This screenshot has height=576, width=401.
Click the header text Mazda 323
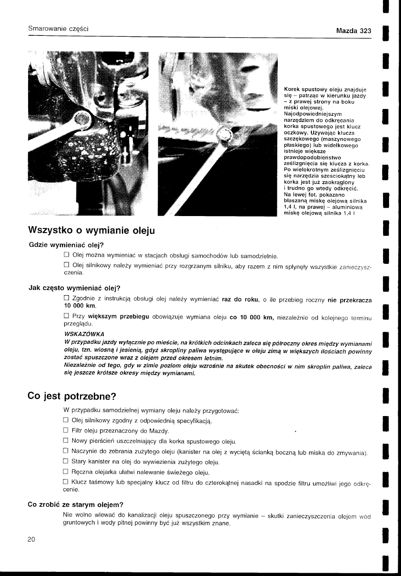[x=353, y=31]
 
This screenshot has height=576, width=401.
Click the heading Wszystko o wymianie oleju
[x=92, y=229]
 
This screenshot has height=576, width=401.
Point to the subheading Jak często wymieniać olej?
[x=74, y=288]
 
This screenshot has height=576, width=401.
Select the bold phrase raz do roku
[x=240, y=300]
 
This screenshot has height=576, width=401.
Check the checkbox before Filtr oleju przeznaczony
[x=66, y=431]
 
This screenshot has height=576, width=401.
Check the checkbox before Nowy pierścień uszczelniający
[x=66, y=441]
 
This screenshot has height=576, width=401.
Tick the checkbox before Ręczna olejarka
[x=66, y=472]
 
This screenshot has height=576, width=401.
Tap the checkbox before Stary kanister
[x=66, y=462]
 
